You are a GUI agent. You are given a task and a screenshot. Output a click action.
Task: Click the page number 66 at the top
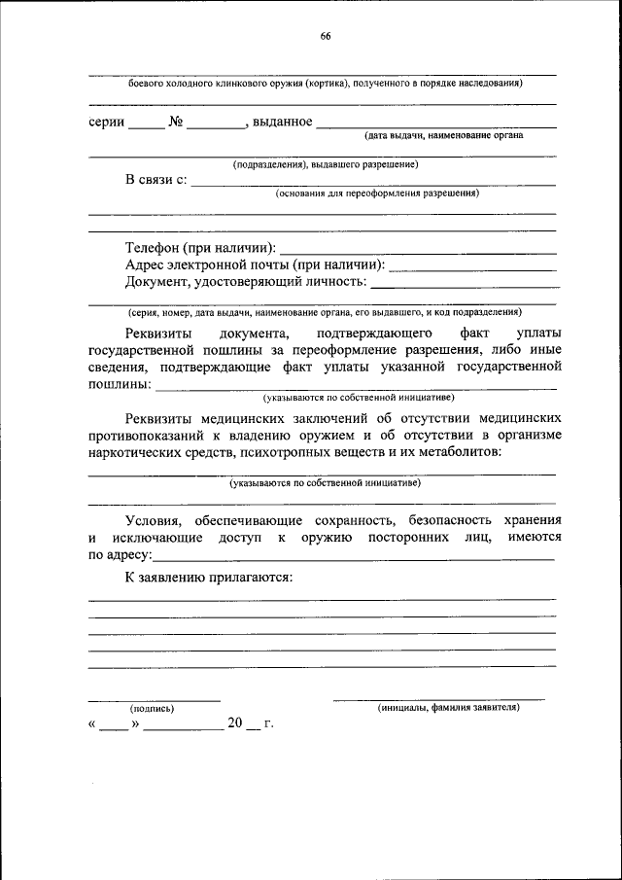(326, 37)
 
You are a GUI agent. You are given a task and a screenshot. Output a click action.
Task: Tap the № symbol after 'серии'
(176, 123)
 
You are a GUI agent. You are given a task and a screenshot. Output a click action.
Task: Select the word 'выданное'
(282, 123)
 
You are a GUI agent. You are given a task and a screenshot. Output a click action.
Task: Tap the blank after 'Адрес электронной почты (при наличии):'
(472, 264)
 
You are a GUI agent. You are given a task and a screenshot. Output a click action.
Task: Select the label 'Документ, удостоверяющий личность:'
(246, 282)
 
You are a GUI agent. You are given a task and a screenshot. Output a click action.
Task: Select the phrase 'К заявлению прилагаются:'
(209, 578)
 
